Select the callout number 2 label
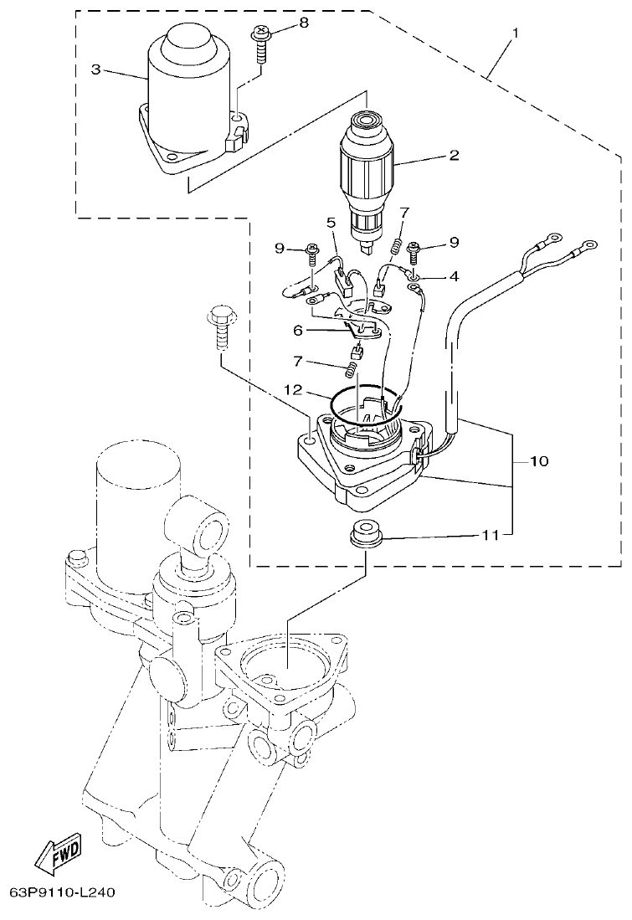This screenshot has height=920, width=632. point(455,155)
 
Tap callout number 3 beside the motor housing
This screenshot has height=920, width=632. point(95,69)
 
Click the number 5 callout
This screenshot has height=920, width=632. point(331,223)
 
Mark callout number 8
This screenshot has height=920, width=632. point(303,23)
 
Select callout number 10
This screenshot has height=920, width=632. point(538,461)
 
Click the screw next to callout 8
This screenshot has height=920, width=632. point(259,41)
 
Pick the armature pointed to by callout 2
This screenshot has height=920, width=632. point(367,176)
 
